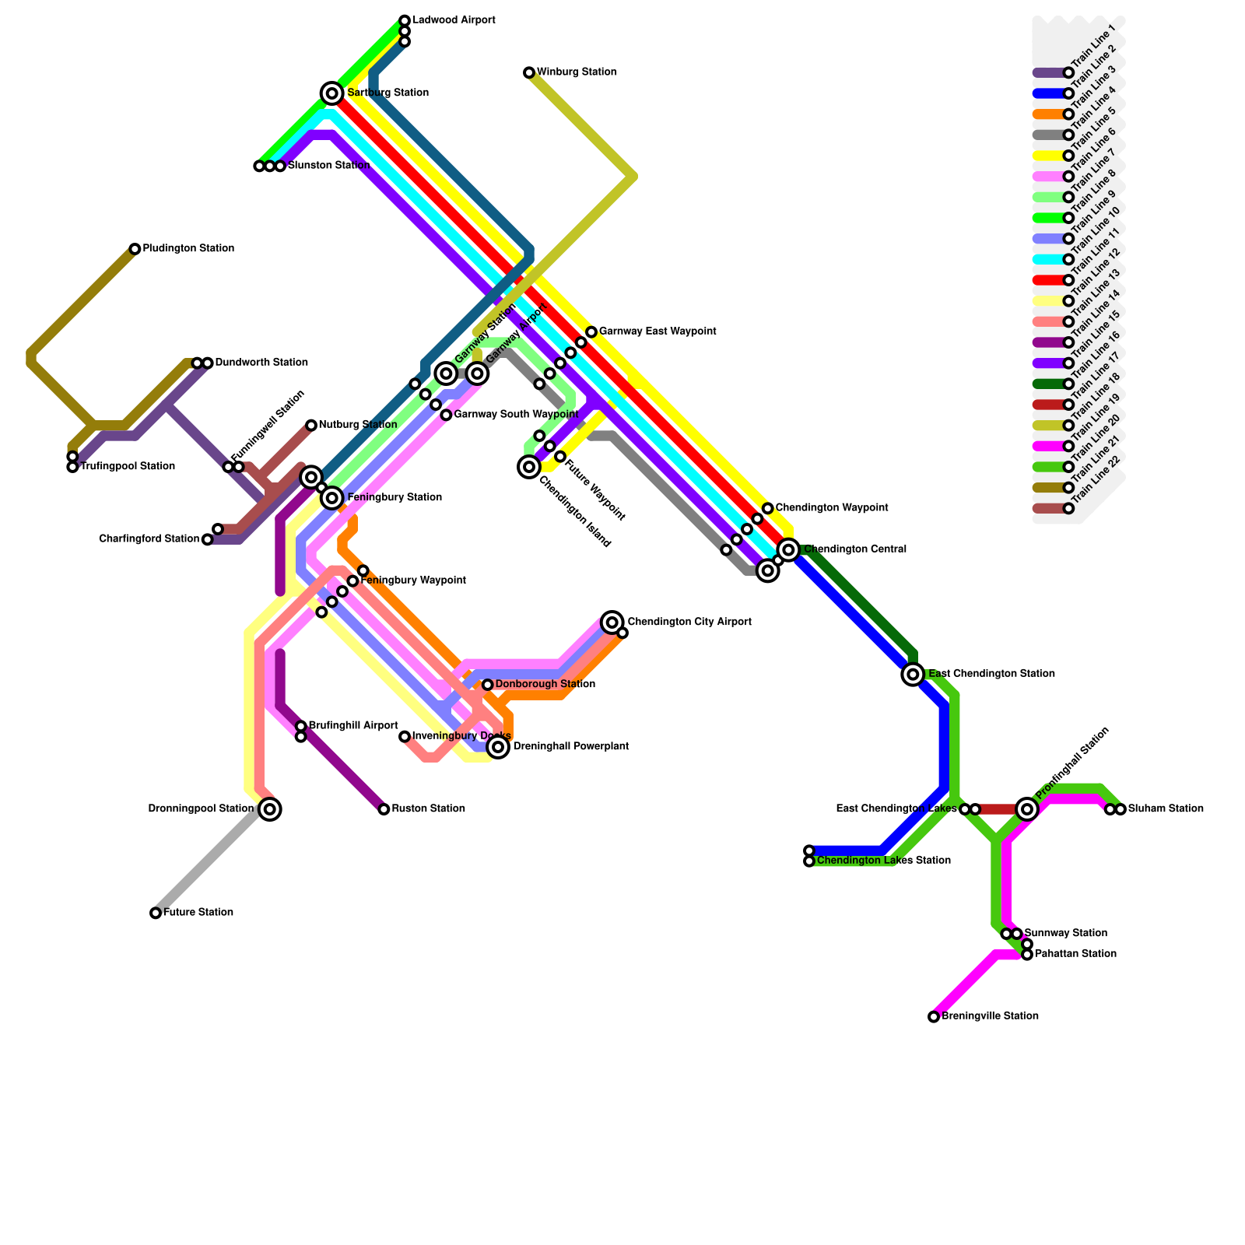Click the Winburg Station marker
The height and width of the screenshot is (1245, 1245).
click(529, 73)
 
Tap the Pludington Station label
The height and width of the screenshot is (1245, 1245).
click(188, 249)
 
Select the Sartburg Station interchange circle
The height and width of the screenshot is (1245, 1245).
click(332, 94)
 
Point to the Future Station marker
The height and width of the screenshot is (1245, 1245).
click(156, 913)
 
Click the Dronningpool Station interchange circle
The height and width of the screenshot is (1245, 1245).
click(270, 809)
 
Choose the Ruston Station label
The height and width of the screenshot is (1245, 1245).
click(428, 809)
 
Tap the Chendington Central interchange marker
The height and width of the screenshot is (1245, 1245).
click(789, 550)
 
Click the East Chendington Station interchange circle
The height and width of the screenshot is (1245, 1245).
click(914, 675)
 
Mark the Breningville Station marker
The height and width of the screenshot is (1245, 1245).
click(934, 1017)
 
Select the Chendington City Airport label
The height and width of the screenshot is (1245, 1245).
click(689, 622)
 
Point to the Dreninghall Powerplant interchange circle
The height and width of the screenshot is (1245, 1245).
click(499, 747)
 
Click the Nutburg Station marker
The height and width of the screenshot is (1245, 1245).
click(311, 426)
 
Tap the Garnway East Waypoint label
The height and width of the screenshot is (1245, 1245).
click(658, 332)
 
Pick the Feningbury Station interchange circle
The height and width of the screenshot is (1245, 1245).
click(332, 498)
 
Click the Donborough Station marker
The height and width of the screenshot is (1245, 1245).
click(488, 685)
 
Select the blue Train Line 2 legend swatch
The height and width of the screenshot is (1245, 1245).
click(1048, 94)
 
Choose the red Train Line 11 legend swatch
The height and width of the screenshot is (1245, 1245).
click(1048, 280)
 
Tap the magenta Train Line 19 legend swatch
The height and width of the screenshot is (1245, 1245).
click(1048, 447)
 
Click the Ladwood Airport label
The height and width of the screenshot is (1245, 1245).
click(454, 20)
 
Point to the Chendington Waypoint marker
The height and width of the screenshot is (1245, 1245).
click(768, 509)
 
